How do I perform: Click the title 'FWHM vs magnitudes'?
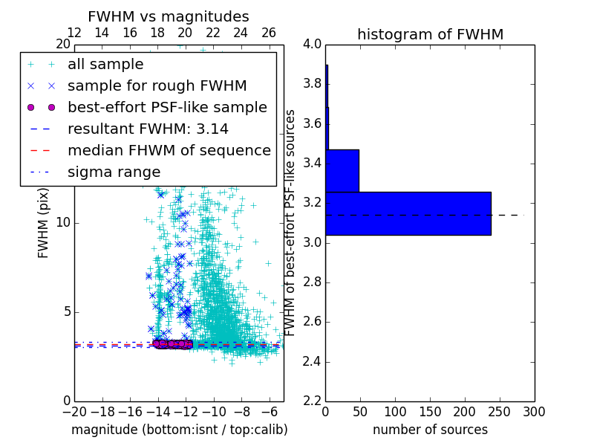point(169,16)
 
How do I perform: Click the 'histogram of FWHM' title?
point(430,34)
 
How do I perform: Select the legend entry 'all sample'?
point(105,65)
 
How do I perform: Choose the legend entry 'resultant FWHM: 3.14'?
point(148,129)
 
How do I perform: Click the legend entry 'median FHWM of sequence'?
point(169,150)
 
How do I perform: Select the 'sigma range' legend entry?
point(114,172)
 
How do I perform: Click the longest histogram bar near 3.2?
point(408,213)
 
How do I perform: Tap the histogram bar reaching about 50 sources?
point(342,170)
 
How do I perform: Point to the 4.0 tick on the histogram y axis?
point(313,44)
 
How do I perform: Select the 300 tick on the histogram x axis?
point(534,411)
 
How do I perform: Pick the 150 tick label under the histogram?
point(430,411)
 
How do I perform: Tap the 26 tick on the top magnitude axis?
point(269,33)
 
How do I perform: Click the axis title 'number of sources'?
point(430,430)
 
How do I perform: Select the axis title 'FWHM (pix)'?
point(44,222)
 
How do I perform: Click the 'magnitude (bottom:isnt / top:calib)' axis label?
point(179,430)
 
